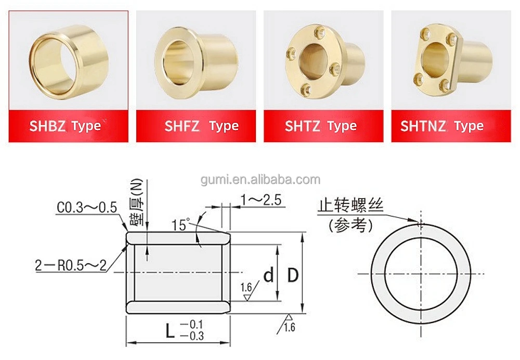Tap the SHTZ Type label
(320, 126)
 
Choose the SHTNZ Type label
(442, 126)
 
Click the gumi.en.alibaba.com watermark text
(261, 181)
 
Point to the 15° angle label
(180, 225)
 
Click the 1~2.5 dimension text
(263, 199)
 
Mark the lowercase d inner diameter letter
(268, 275)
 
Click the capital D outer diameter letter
(293, 275)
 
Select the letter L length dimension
(170, 330)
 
